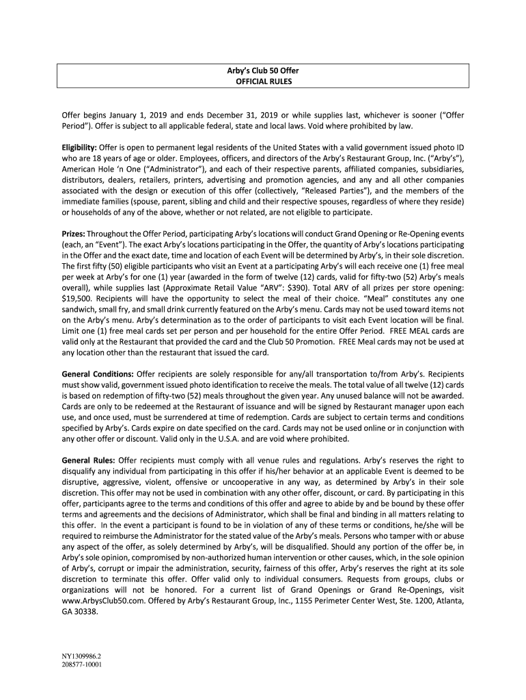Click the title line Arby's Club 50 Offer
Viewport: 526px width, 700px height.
coord(263,70)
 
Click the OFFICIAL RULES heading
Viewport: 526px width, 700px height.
coord(263,81)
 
